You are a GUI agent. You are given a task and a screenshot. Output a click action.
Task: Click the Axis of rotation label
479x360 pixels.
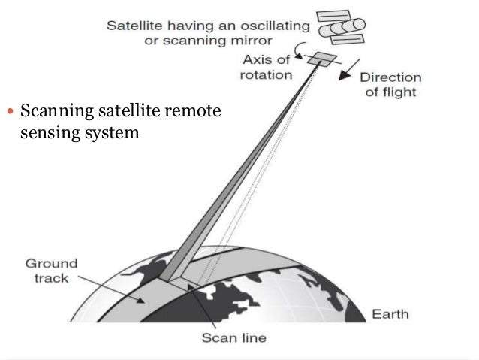click(x=267, y=68)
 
